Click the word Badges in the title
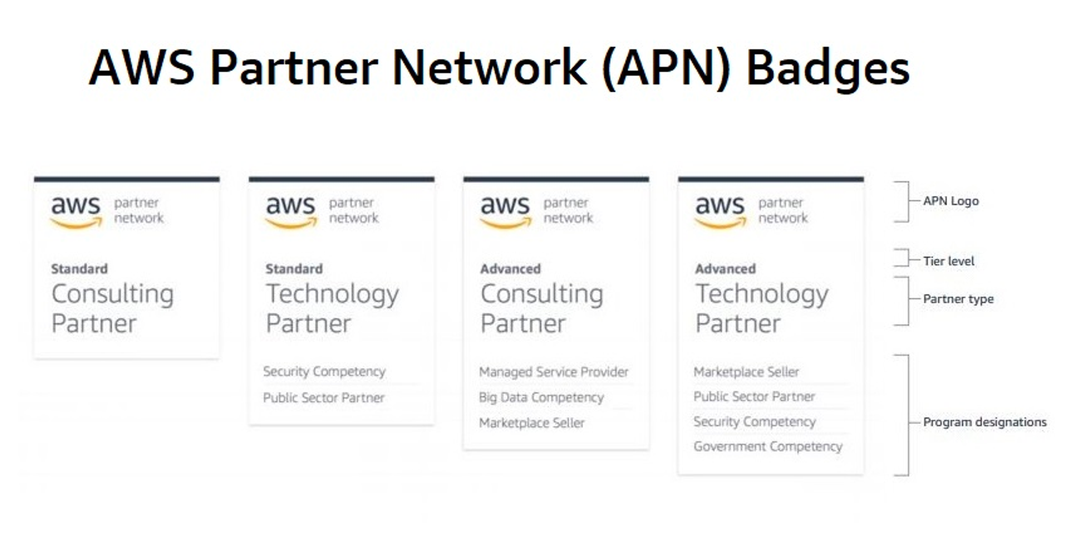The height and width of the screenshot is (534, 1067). [x=827, y=68]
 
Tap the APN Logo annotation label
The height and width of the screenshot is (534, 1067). [x=951, y=201]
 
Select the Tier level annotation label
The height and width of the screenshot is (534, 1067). [x=949, y=261]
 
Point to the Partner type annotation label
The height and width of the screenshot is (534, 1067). [x=958, y=299]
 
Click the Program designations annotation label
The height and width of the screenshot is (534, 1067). [x=984, y=422]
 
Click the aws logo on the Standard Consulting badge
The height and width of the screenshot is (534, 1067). [x=76, y=211]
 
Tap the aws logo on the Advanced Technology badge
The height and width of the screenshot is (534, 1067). [x=720, y=211]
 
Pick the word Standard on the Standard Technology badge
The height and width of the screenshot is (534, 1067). [x=294, y=269]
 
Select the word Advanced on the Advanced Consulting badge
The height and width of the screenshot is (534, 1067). [x=511, y=269]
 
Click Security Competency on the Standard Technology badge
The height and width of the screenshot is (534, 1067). [x=324, y=372]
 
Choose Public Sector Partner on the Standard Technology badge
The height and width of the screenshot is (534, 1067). [x=323, y=398]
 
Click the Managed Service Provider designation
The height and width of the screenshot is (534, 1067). [x=553, y=372]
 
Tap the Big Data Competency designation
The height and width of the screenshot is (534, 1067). [x=541, y=397]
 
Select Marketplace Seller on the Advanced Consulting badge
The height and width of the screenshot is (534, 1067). [x=531, y=423]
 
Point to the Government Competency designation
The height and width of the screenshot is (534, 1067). [x=768, y=446]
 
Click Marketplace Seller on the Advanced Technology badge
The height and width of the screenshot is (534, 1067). [x=746, y=372]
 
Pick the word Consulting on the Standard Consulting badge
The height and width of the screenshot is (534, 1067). [x=113, y=294]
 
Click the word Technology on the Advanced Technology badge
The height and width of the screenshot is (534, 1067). [x=761, y=294]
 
